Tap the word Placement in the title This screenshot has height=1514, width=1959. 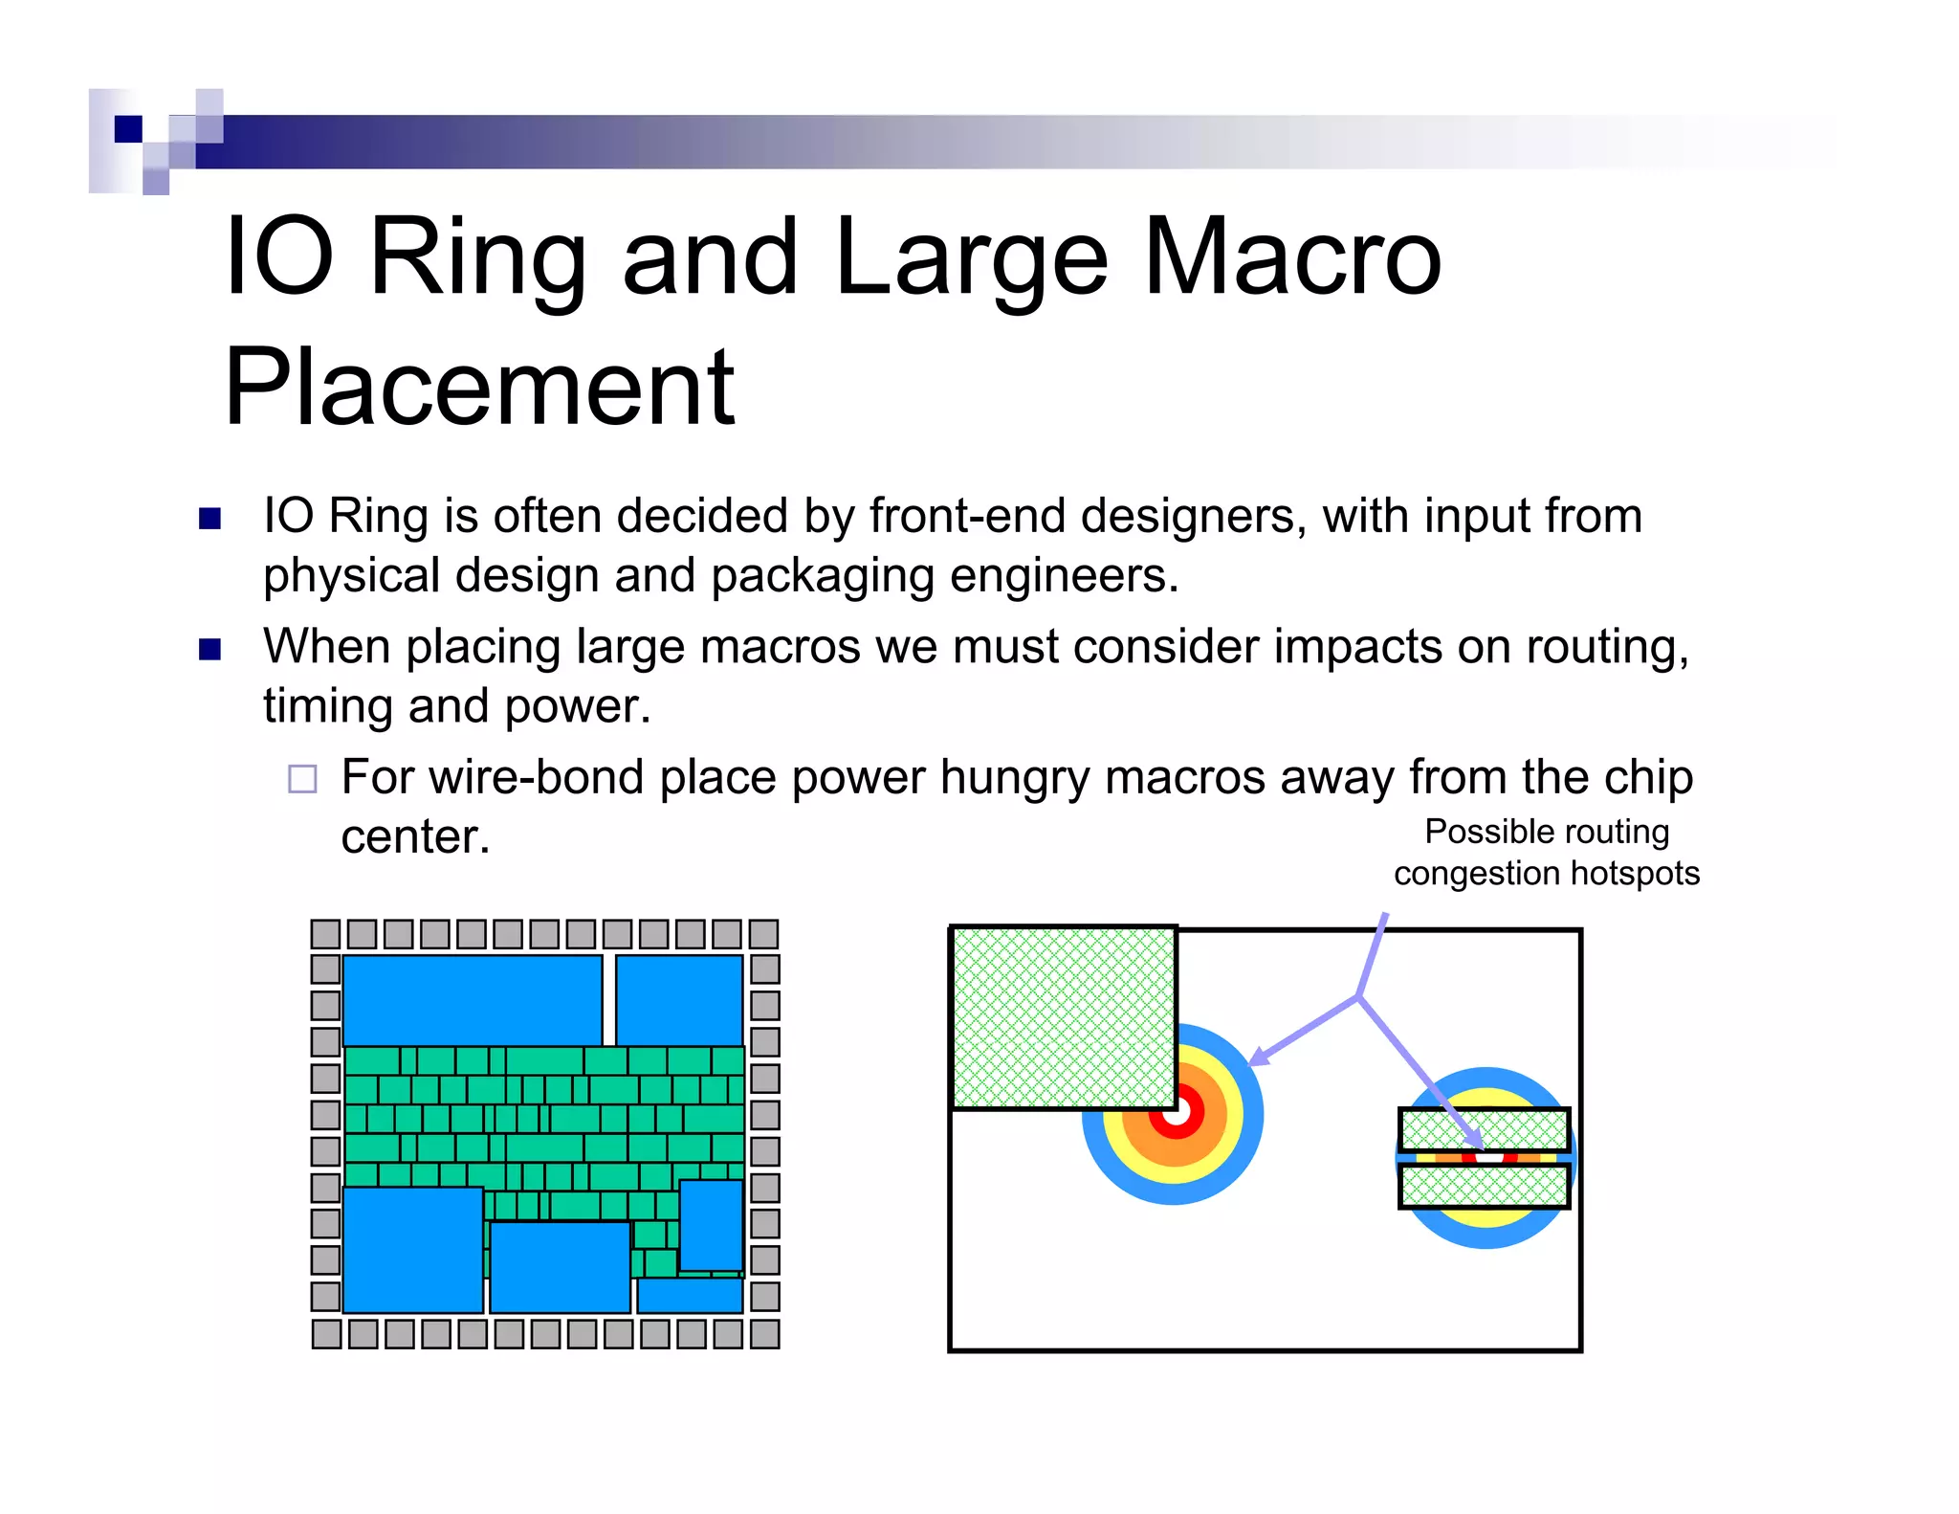click(x=479, y=387)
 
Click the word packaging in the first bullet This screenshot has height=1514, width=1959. click(x=822, y=576)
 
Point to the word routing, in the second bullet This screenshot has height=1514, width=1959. click(x=1607, y=647)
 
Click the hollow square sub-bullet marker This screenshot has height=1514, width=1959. click(x=302, y=779)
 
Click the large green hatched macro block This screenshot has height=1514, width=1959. click(x=1063, y=1017)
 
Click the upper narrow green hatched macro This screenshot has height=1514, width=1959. click(x=1484, y=1129)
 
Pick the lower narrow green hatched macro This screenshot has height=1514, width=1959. click(x=1484, y=1187)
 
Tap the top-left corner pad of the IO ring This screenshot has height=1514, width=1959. click(x=326, y=934)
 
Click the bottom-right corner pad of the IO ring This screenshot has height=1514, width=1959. click(x=764, y=1333)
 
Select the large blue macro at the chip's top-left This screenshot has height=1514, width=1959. click(x=473, y=1000)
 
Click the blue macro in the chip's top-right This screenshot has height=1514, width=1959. click(x=679, y=1000)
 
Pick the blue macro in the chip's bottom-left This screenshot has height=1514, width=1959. click(x=412, y=1250)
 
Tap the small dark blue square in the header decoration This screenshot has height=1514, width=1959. click(x=128, y=128)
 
